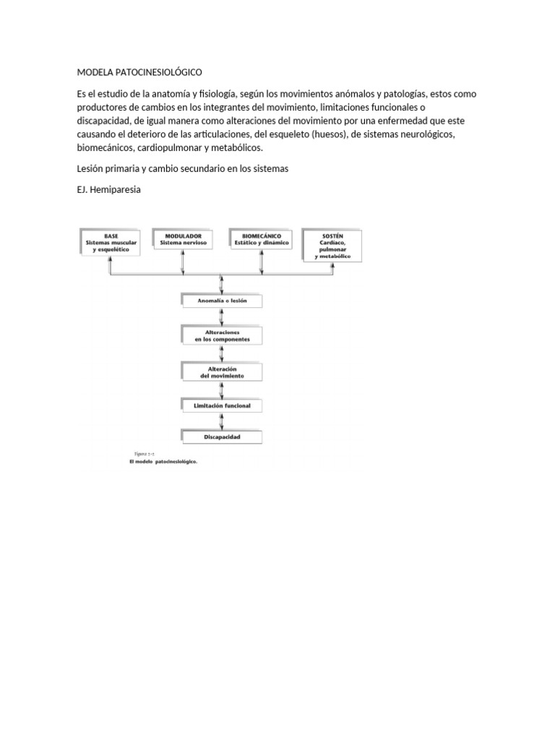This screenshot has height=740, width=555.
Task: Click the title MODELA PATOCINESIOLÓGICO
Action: [139, 73]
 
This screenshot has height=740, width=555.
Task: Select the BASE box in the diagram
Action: [110, 241]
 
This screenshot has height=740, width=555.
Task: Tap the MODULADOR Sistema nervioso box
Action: [184, 239]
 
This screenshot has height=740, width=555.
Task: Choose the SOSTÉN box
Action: [332, 246]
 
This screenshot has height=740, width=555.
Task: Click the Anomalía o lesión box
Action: [220, 300]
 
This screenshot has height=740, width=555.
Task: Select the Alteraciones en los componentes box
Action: [220, 335]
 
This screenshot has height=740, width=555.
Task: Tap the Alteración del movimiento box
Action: [220, 372]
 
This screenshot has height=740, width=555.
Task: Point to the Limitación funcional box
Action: [220, 406]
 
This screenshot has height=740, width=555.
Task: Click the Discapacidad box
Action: [220, 437]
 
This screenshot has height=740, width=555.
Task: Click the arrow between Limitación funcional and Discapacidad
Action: [220, 421]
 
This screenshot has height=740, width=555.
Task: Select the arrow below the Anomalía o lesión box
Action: [220, 317]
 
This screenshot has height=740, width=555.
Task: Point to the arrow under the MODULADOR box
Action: [184, 262]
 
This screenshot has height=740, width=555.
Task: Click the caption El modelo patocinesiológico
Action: [163, 462]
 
